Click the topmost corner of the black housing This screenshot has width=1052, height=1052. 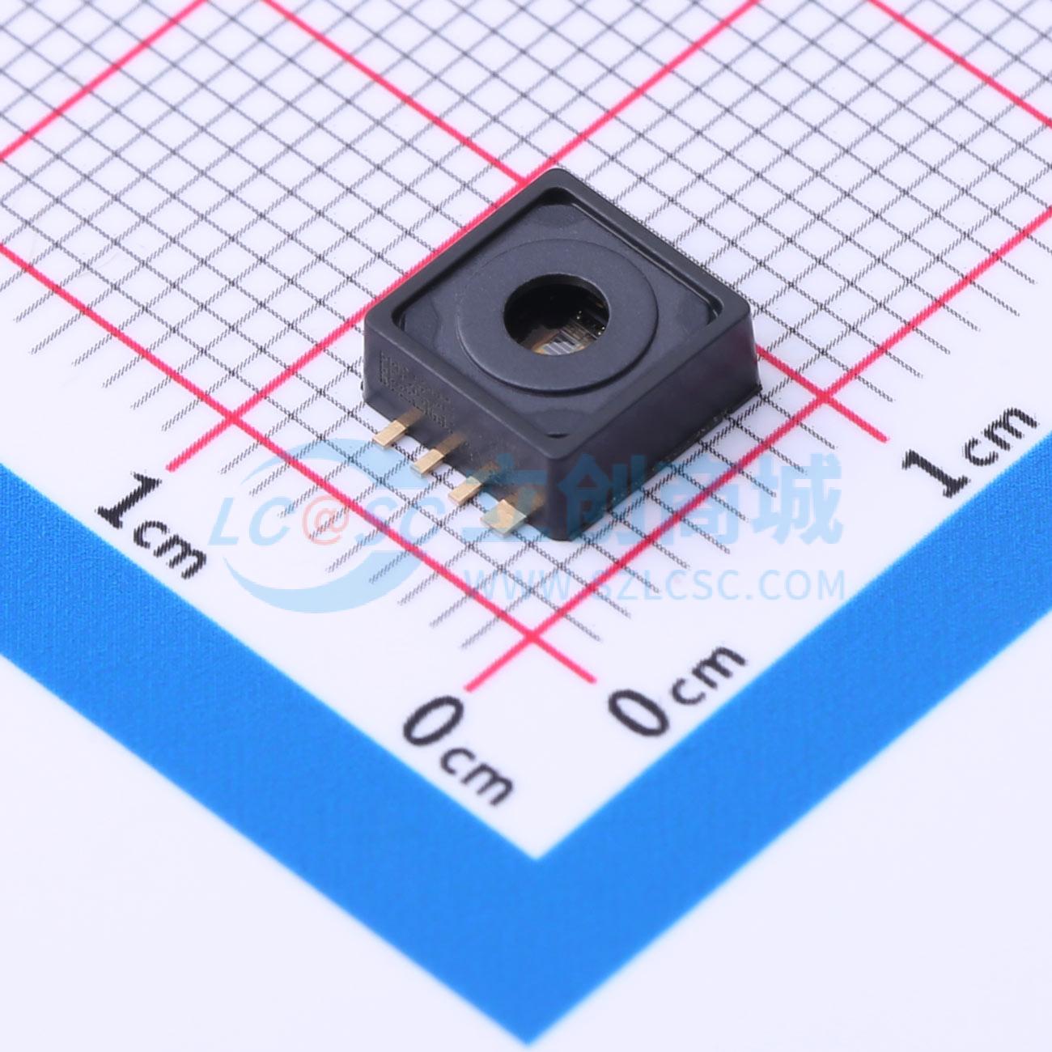[x=558, y=171]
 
